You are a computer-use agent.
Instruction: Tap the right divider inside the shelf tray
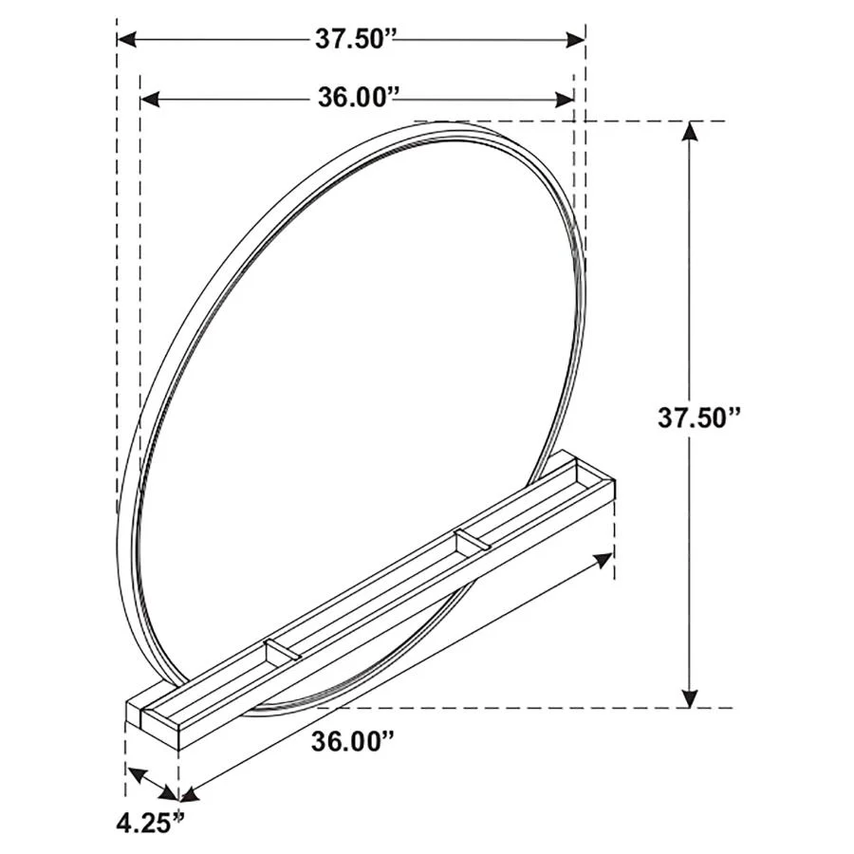pos(472,542)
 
